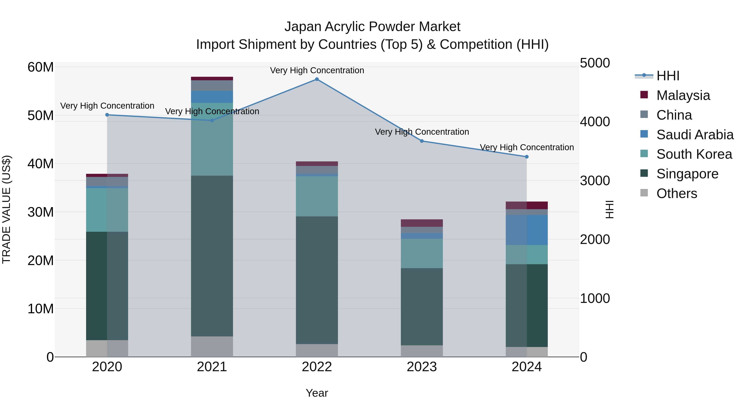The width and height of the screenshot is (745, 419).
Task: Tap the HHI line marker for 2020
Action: tap(107, 115)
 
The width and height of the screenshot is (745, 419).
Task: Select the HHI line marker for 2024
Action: tap(527, 157)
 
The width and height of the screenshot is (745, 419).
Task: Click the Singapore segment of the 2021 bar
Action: tap(212, 256)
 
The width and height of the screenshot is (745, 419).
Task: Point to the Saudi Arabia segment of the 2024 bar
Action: tap(527, 230)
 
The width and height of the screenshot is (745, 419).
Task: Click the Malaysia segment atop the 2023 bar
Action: tap(422, 223)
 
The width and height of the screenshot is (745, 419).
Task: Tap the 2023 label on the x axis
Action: tap(422, 367)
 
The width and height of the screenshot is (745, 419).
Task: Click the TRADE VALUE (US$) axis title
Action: tap(6, 209)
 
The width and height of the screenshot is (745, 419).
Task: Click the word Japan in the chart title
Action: tap(303, 27)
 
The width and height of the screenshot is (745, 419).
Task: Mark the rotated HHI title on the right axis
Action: tap(610, 209)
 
